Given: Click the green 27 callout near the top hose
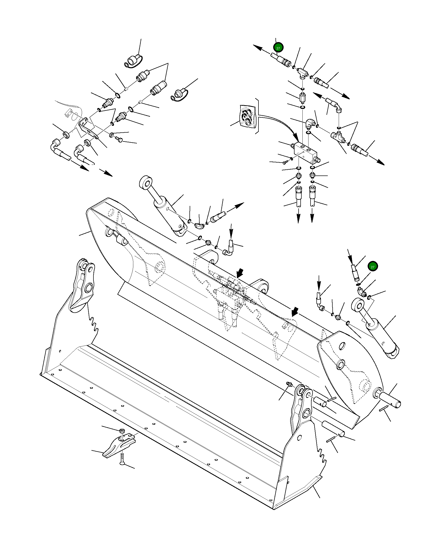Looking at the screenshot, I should (278, 48).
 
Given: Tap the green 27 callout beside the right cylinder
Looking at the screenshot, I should (372, 267).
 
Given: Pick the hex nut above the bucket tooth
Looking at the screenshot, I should (122, 431).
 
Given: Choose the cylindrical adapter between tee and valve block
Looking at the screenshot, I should (303, 97).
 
